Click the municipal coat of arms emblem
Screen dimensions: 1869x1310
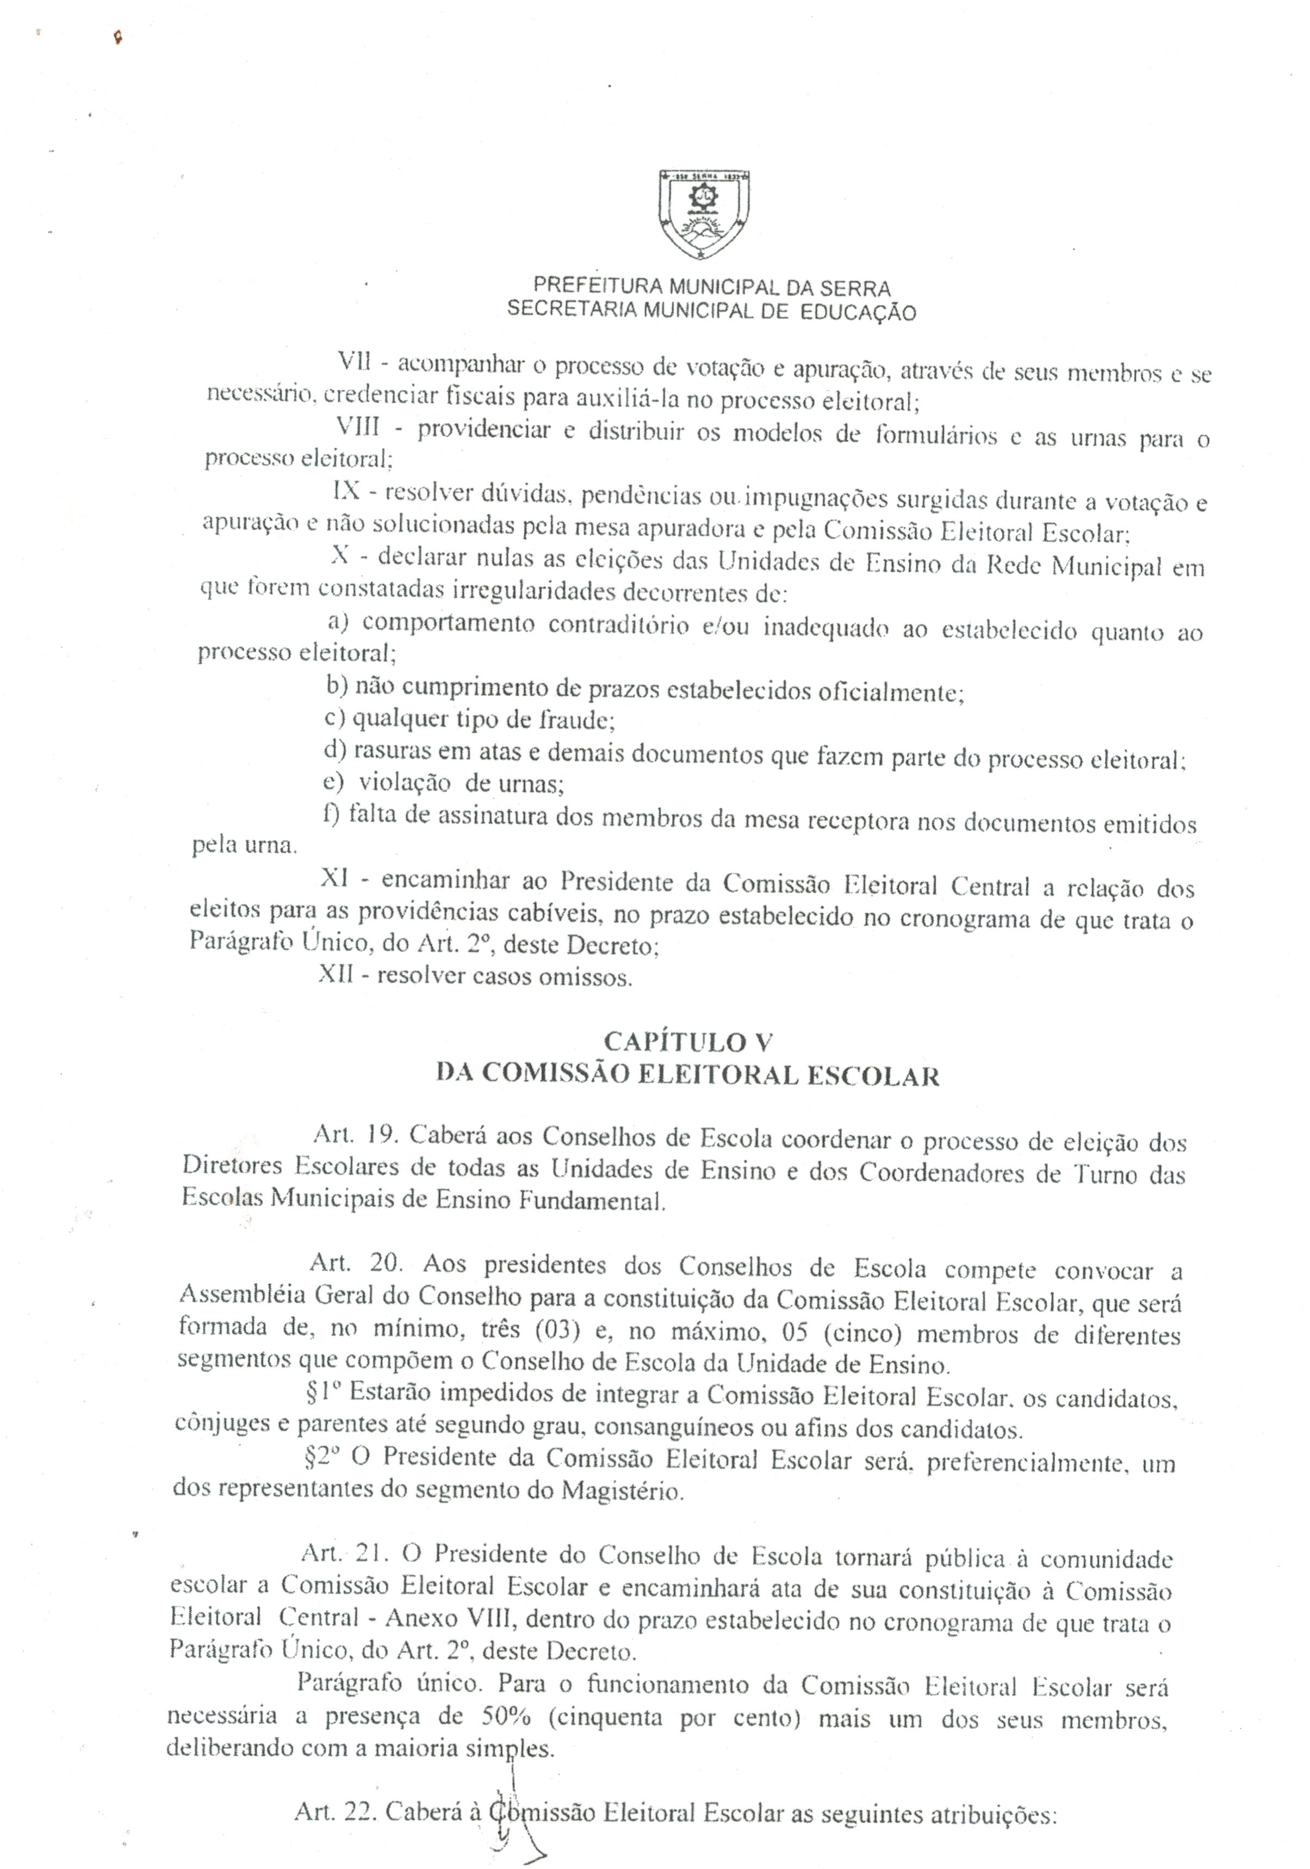click(x=703, y=215)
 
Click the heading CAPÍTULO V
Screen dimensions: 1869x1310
click(x=687, y=1042)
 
